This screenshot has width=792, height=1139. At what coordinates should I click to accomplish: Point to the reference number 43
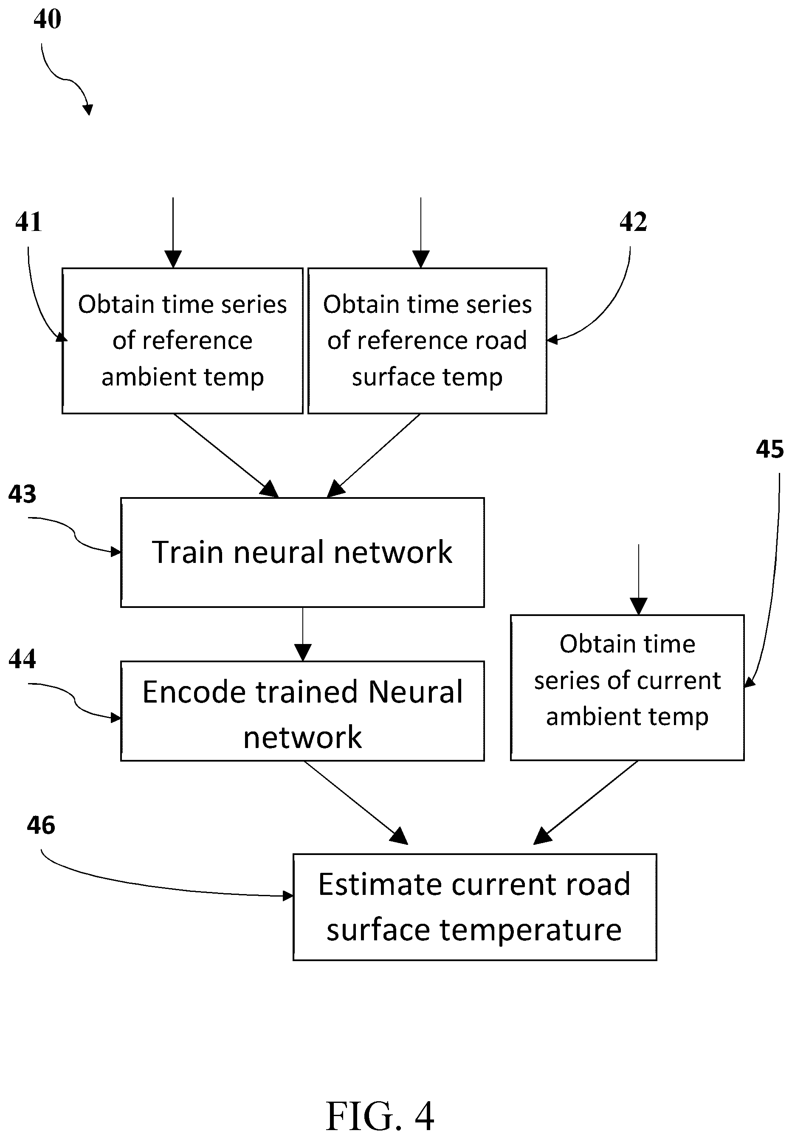coord(23,494)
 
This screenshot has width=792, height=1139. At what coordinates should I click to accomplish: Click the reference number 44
coord(23,659)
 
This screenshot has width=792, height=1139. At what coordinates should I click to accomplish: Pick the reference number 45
coord(769,449)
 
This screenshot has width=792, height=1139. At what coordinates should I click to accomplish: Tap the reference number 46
coord(41,825)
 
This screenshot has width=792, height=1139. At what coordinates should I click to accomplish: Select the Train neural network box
coord(303,552)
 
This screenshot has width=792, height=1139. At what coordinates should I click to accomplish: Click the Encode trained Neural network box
coord(303,711)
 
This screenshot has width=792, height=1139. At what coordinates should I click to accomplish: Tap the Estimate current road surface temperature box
coord(475,907)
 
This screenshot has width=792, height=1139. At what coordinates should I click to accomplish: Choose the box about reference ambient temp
coord(183,341)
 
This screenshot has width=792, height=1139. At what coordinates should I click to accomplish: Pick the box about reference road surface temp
coord(427,341)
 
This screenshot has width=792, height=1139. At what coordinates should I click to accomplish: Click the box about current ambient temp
coord(627,688)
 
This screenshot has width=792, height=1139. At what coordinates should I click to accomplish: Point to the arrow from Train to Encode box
coord(303,634)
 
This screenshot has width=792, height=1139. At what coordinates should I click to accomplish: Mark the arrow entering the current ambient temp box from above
coord(639,579)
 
